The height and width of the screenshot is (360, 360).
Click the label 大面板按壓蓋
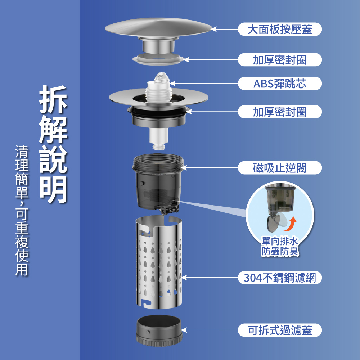pyautogui.click(x=280, y=29)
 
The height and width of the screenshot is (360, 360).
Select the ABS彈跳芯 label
pyautogui.click(x=280, y=84)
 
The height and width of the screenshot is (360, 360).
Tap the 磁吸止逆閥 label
pyautogui.click(x=280, y=167)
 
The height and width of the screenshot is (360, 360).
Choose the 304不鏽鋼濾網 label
pyautogui.click(x=280, y=278)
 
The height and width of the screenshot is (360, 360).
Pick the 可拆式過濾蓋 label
pyautogui.click(x=280, y=330)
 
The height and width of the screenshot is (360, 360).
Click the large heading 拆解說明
pyautogui.click(x=53, y=144)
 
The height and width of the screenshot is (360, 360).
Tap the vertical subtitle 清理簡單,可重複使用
pyautogui.click(x=22, y=211)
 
